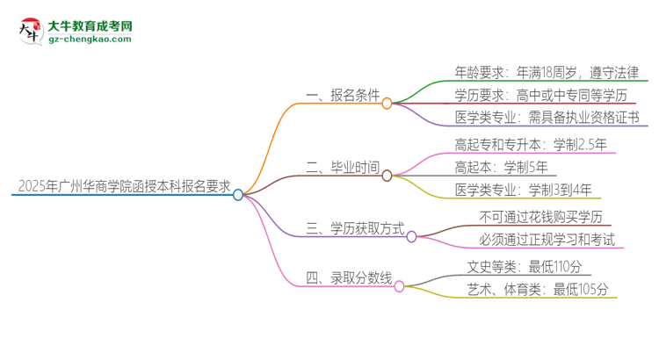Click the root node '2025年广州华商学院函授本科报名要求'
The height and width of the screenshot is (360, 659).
123,186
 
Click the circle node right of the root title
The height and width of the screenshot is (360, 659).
238,195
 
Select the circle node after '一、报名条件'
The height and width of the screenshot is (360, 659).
387,103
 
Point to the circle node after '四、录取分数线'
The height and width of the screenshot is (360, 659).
399,286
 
